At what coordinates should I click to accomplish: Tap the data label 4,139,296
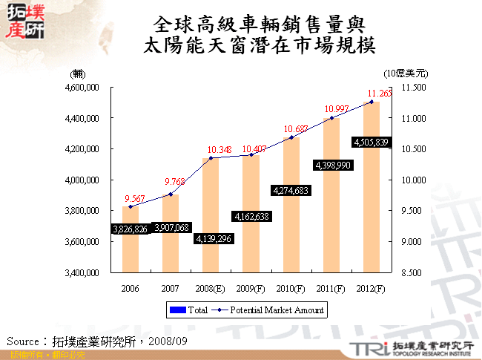211,239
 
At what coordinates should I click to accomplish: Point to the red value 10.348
211,150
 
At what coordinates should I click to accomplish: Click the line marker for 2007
171,194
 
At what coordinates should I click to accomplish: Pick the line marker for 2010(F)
291,137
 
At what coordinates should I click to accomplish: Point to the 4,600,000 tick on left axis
83,88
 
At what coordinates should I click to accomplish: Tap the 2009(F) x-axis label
251,288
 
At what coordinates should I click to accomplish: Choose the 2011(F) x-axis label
331,288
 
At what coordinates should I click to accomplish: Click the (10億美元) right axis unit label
406,73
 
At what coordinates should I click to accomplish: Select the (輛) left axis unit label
78,73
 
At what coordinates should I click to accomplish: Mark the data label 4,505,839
371,142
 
